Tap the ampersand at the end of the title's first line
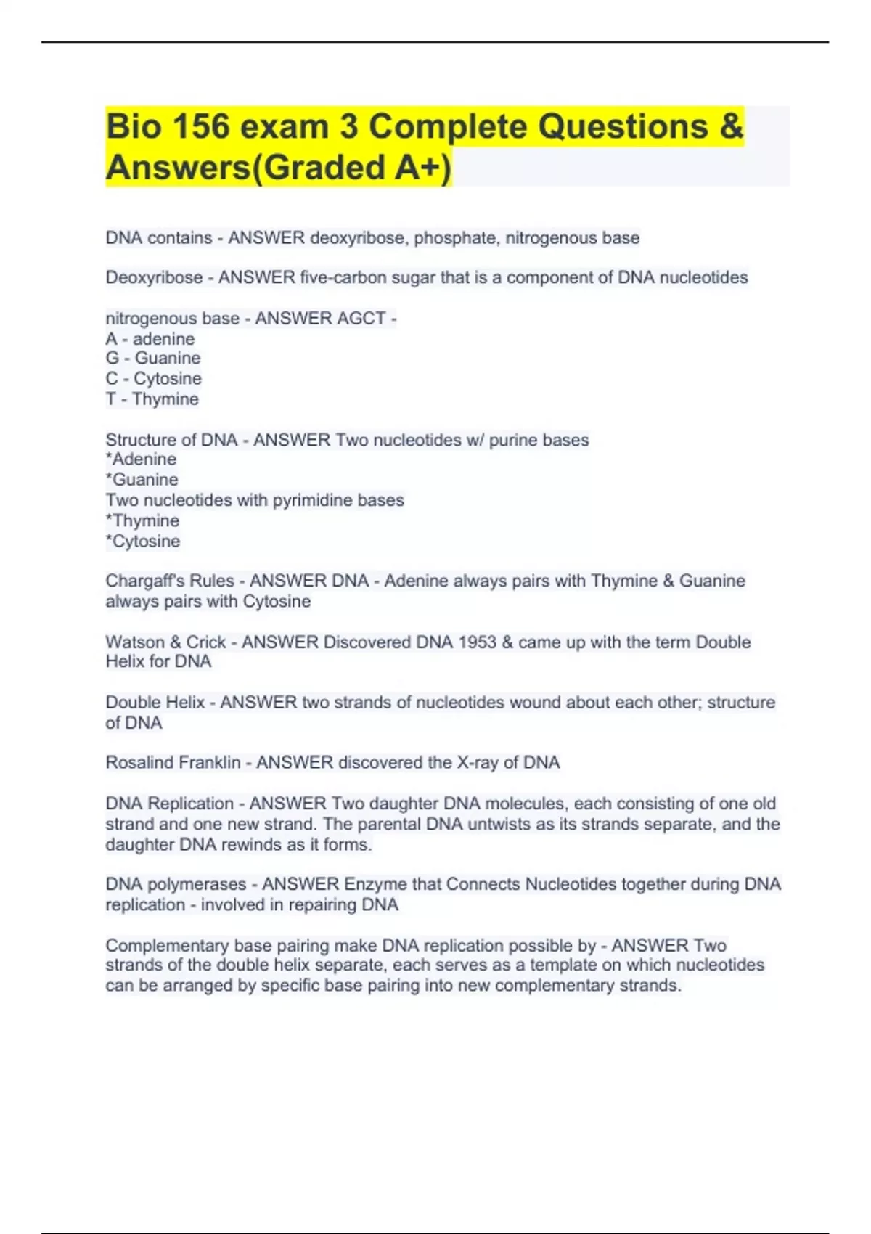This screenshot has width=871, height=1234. point(732,127)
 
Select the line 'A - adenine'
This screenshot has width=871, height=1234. point(150,339)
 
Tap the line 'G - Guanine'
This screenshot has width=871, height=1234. point(153,359)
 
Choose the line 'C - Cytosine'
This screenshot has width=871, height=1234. point(154,379)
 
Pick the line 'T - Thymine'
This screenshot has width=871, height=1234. point(152,399)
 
